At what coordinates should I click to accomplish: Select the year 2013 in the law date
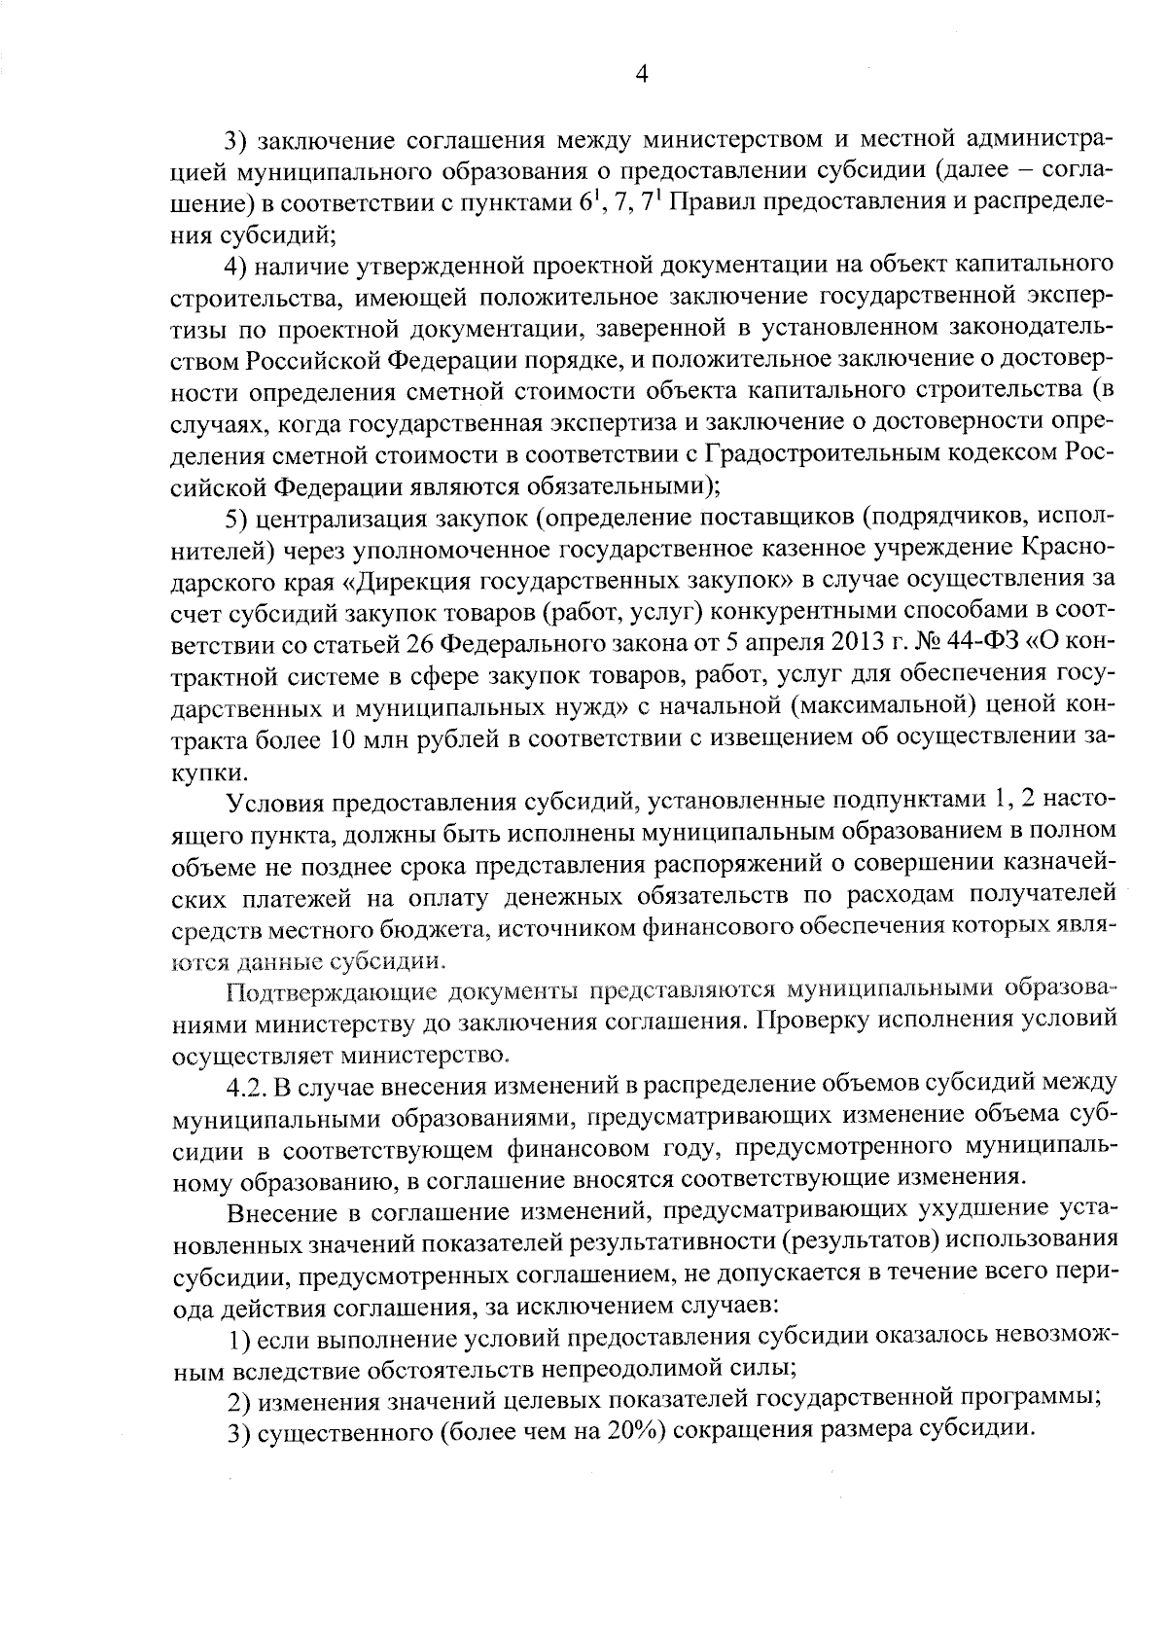tap(830, 643)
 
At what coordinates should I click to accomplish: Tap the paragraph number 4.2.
tap(247, 1084)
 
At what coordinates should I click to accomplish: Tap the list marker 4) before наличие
tap(239, 266)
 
